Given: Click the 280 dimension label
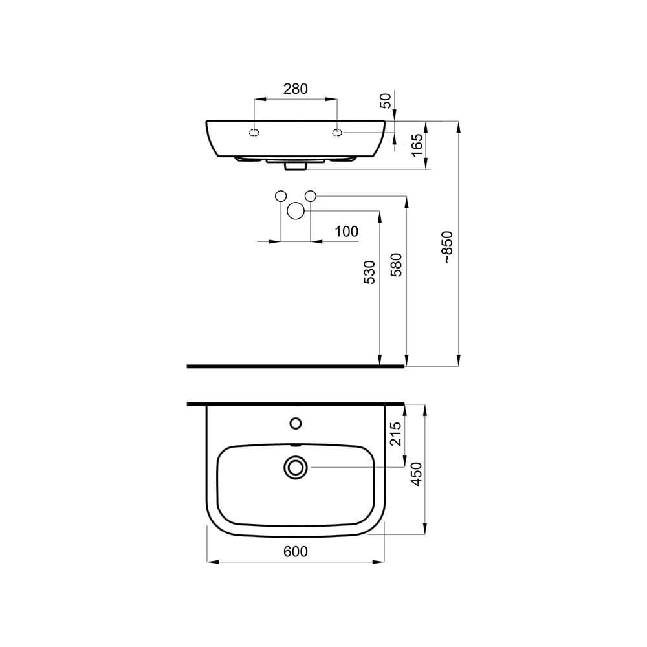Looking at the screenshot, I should click(296, 89).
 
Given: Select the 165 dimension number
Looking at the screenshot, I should click(417, 143).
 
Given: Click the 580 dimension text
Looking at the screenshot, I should click(397, 265).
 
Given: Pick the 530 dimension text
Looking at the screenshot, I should click(369, 273).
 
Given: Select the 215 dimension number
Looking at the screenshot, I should click(397, 433).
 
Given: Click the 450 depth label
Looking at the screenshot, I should click(417, 474).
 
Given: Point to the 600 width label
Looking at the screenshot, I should click(295, 551).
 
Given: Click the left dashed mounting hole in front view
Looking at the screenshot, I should click(254, 133).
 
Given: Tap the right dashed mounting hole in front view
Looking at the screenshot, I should click(337, 133).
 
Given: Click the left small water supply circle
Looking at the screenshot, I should click(281, 196).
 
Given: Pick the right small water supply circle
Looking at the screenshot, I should click(311, 196).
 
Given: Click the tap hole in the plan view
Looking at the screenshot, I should click(296, 424).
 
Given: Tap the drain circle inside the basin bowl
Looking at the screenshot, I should click(296, 467).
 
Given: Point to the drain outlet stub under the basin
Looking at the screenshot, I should click(296, 166).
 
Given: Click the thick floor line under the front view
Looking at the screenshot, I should click(295, 366).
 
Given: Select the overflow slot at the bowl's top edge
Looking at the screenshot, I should click(296, 445).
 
